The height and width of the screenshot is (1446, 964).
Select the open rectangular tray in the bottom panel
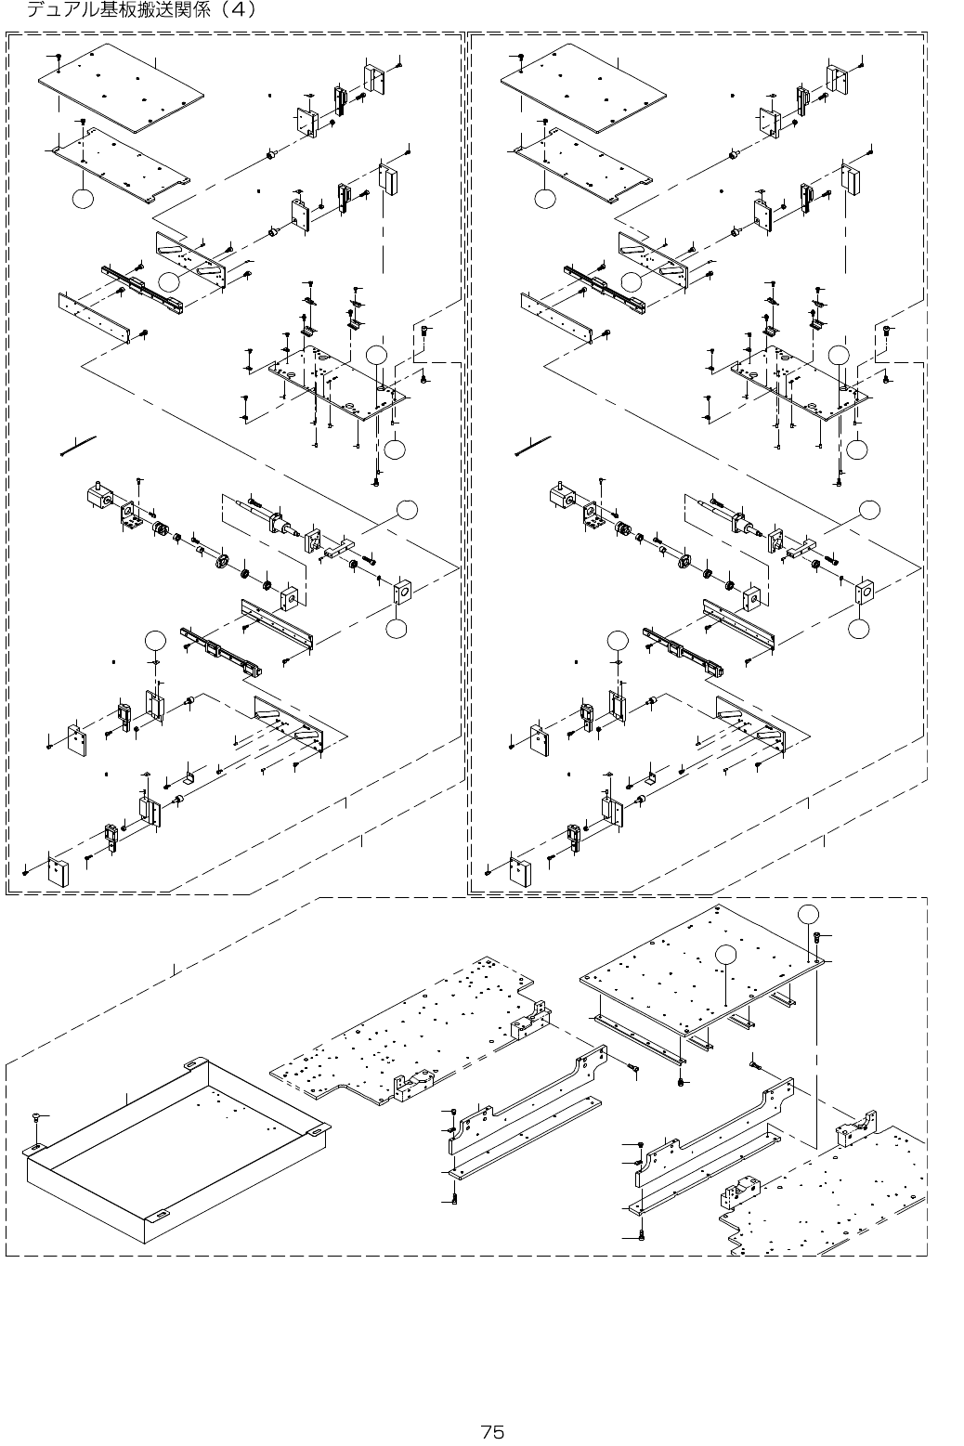tap(176, 1152)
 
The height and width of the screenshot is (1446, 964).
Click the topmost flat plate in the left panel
tap(121, 85)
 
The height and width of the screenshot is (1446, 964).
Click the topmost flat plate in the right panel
tap(584, 85)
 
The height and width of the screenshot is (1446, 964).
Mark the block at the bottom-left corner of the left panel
tap(60, 872)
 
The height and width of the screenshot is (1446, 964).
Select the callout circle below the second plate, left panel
tap(83, 199)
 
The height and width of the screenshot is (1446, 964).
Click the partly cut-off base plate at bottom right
tap(827, 1189)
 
